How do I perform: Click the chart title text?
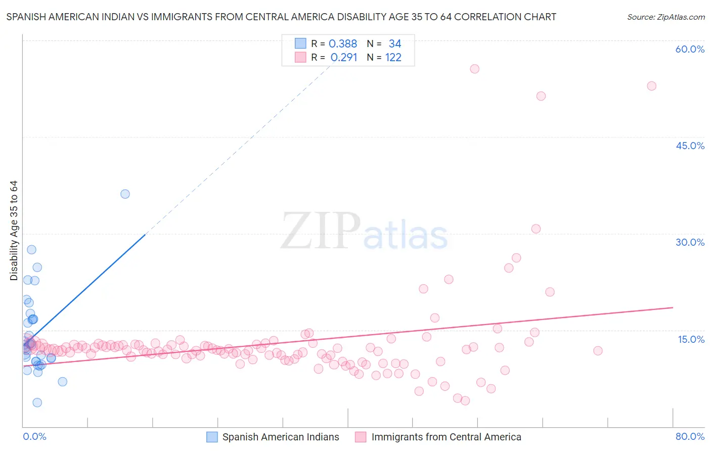click(x=281, y=17)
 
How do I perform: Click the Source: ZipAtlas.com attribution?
click(x=665, y=17)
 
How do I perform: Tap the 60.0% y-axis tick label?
click(x=690, y=49)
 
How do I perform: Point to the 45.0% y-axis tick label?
click(x=690, y=146)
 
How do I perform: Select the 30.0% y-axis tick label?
click(x=690, y=242)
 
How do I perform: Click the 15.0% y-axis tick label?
click(x=691, y=339)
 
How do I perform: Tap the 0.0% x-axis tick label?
click(x=34, y=436)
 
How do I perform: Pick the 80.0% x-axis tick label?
click(x=690, y=436)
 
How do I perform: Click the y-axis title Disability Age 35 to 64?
click(x=14, y=231)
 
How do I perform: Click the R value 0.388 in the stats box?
click(x=343, y=44)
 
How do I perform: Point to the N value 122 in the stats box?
click(x=393, y=58)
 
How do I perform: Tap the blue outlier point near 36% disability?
click(x=125, y=194)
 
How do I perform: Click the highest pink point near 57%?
click(x=474, y=69)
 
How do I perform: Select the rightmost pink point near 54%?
click(x=651, y=86)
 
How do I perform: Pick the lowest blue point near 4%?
click(x=37, y=402)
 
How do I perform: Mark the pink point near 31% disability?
click(x=536, y=229)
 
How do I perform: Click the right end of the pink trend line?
click(x=673, y=307)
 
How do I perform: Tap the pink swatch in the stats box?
click(x=300, y=57)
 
